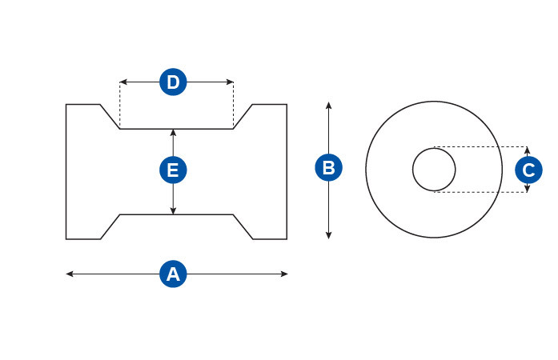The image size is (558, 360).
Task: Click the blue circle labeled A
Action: tap(173, 274)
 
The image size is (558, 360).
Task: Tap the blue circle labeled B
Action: tap(328, 167)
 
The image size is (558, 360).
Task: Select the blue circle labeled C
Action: tap(528, 170)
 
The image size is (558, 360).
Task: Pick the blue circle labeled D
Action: tap(173, 82)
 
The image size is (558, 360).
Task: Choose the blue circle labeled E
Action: tap(173, 170)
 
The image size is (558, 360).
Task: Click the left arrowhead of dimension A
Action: tap(70, 274)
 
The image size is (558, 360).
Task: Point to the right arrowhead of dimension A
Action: tap(284, 274)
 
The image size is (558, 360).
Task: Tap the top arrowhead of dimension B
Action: tap(328, 106)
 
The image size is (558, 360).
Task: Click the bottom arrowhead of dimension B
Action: tap(328, 235)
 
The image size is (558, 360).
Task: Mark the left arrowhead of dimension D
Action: tap(123, 82)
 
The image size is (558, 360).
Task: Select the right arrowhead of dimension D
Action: tap(230, 82)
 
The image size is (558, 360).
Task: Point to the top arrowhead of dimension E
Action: tap(173, 133)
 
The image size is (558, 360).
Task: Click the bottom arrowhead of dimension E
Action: tap(173, 210)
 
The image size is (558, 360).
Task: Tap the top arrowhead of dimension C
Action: tap(527, 150)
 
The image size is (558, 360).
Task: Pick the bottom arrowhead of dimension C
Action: tap(527, 189)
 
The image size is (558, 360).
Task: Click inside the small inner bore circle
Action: tap(434, 170)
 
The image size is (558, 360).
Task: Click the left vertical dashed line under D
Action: tap(120, 106)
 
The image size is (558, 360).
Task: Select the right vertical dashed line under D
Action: tap(234, 106)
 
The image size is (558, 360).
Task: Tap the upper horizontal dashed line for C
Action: tap(480, 146)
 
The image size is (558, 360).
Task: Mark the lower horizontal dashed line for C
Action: tap(480, 192)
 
